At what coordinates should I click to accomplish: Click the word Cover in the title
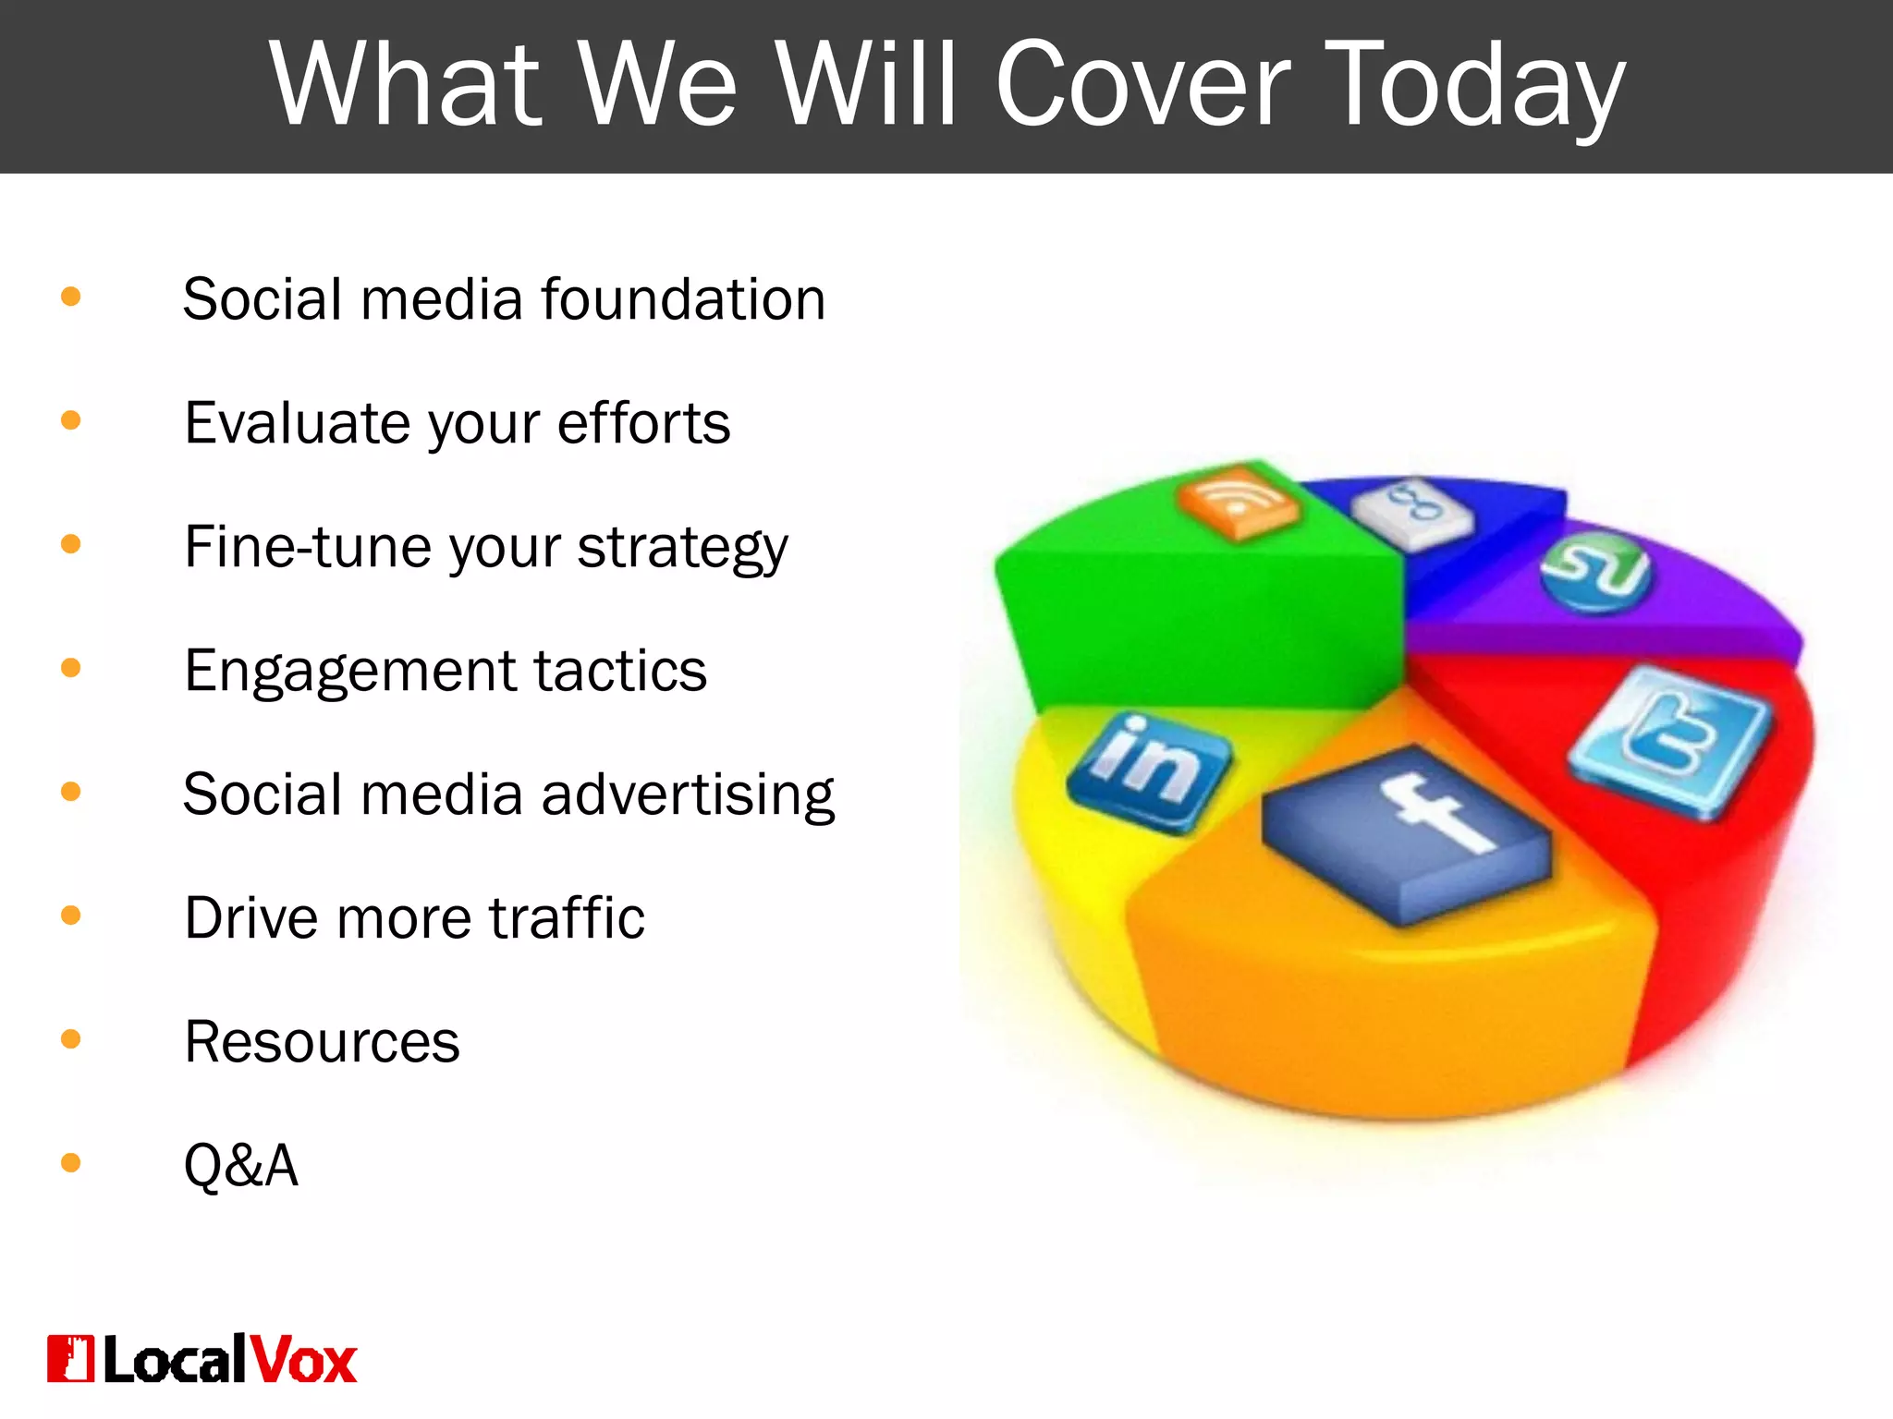[x=1142, y=85]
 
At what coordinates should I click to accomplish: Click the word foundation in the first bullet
[x=683, y=299]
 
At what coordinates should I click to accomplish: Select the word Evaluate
[x=297, y=423]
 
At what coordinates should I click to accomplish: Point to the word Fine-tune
[x=306, y=547]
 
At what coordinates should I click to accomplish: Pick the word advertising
[x=688, y=794]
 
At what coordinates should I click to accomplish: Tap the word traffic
[x=567, y=917]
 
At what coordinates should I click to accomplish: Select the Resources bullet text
[x=322, y=1042]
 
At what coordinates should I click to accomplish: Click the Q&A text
[x=241, y=1165]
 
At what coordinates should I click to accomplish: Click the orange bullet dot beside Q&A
[x=70, y=1162]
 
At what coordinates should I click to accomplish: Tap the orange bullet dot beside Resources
[x=70, y=1039]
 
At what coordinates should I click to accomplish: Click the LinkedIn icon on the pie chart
[x=1148, y=771]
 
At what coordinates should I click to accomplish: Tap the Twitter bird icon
[x=1669, y=740]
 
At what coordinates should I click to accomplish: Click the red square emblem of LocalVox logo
[x=70, y=1359]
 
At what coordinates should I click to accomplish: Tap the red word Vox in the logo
[x=303, y=1360]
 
